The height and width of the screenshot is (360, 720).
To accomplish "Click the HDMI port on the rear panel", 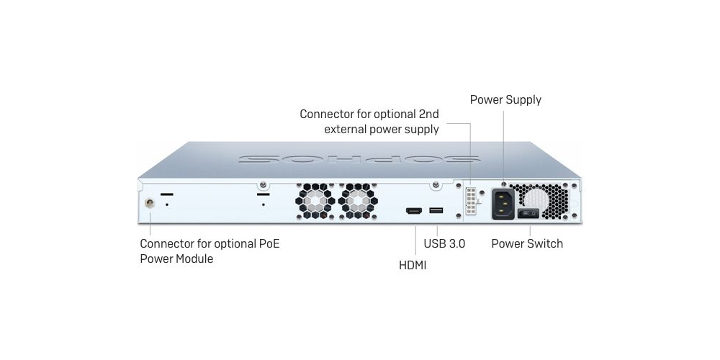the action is [x=414, y=211].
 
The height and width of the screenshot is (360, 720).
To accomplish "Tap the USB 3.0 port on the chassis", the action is [x=436, y=210].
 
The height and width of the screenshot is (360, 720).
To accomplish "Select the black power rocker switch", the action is [x=528, y=213].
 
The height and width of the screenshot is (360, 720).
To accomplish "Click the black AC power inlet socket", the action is [x=503, y=204].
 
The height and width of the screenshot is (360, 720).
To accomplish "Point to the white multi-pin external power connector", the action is [x=472, y=201].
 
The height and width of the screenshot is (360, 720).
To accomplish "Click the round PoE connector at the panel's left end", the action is [x=149, y=203].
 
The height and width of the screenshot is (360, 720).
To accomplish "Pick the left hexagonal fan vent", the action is [x=315, y=201].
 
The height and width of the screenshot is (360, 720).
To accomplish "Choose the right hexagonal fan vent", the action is [x=358, y=201].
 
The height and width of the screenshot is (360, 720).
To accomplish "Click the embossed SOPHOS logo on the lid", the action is [x=359, y=159].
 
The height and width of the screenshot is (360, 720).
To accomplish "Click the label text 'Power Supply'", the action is [x=505, y=100].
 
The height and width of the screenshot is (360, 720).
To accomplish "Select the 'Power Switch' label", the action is [x=527, y=243].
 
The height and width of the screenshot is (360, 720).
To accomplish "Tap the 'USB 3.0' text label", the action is [x=444, y=243].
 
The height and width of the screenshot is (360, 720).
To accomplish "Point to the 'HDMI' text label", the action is [x=413, y=266].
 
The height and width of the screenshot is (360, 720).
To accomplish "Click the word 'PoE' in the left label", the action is [x=266, y=243].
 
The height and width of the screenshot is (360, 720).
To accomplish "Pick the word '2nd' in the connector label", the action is [x=428, y=114].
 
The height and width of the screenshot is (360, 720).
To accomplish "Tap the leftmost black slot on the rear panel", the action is [x=167, y=194].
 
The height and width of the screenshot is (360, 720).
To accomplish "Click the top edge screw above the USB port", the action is [x=436, y=184].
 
